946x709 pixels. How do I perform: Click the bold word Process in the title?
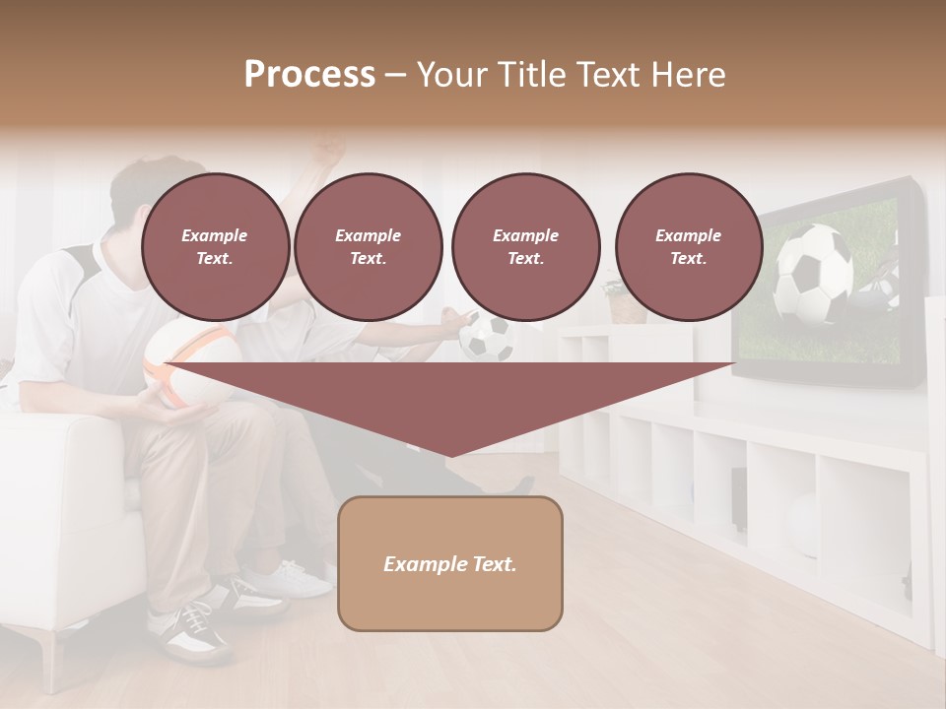[309, 74]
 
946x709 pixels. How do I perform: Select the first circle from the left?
[215, 247]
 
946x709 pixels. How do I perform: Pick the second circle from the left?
[368, 247]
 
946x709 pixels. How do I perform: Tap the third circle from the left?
[525, 247]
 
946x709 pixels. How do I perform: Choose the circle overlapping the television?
[688, 247]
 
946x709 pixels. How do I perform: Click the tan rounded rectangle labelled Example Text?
[449, 563]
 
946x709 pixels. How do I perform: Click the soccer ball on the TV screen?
[814, 273]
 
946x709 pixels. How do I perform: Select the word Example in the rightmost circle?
[688, 235]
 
